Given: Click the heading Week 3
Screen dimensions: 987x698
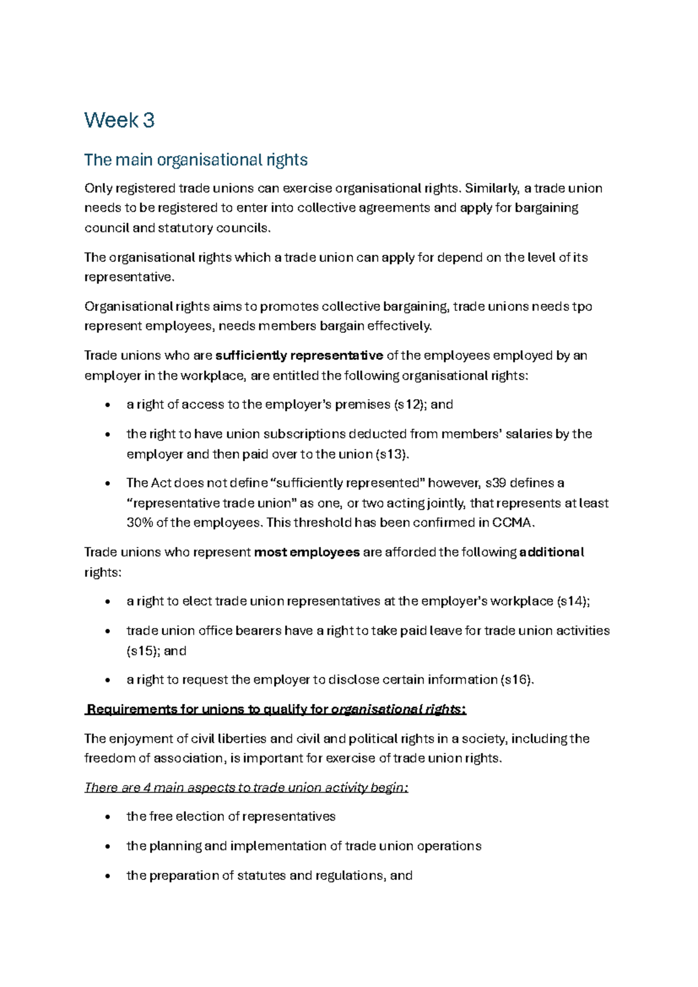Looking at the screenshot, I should pos(119,120).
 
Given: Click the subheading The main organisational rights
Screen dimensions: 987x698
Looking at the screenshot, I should pos(195,160).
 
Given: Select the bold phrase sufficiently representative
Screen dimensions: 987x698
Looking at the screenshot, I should pos(299,356).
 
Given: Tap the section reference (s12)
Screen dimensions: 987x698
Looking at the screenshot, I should pos(409,405).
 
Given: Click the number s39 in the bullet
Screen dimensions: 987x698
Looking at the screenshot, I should pos(495,484).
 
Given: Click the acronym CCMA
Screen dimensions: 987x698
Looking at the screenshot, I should pos(511,523).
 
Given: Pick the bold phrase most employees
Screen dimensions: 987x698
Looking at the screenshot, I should pos(307,552).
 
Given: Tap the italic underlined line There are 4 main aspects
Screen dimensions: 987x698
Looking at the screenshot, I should pos(246,788).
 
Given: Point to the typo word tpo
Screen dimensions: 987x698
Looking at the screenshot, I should pos(582,307).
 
